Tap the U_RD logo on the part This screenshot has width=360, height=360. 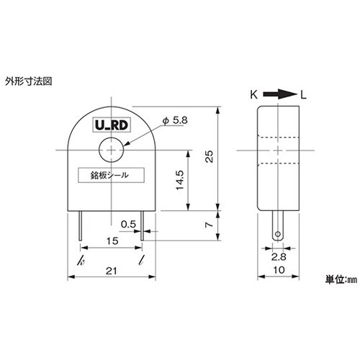click(111, 125)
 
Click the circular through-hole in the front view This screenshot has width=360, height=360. click(111, 149)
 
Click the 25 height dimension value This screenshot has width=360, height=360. click(208, 158)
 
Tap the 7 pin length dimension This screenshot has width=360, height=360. click(208, 225)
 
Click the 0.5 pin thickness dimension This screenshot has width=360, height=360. click(128, 224)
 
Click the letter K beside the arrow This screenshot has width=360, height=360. click(254, 94)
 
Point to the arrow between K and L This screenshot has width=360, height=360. click(279, 94)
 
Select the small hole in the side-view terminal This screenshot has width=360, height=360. click(276, 233)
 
